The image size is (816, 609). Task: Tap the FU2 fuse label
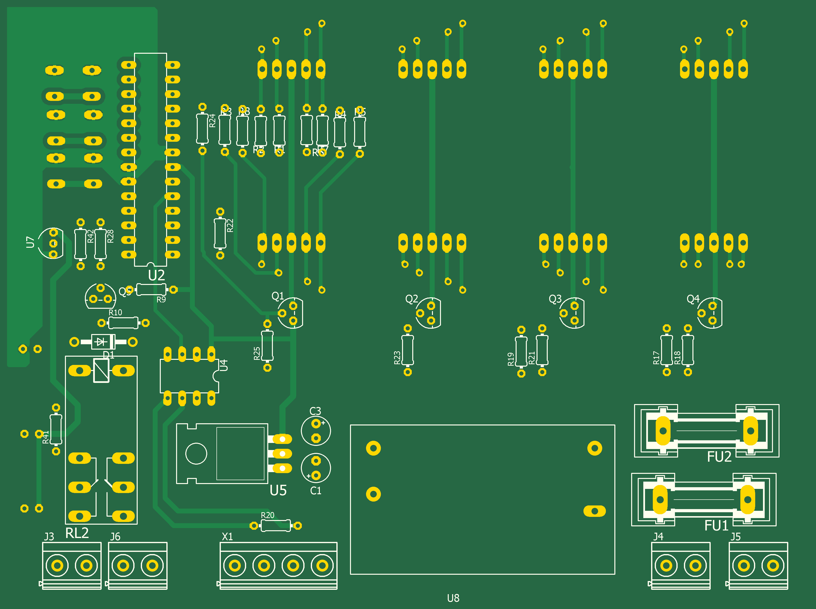719,457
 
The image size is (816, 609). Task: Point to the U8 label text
453,598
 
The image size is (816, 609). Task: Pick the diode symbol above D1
100,342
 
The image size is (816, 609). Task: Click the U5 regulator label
278,490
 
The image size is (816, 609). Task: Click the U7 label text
30,242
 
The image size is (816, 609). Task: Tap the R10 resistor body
123,323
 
